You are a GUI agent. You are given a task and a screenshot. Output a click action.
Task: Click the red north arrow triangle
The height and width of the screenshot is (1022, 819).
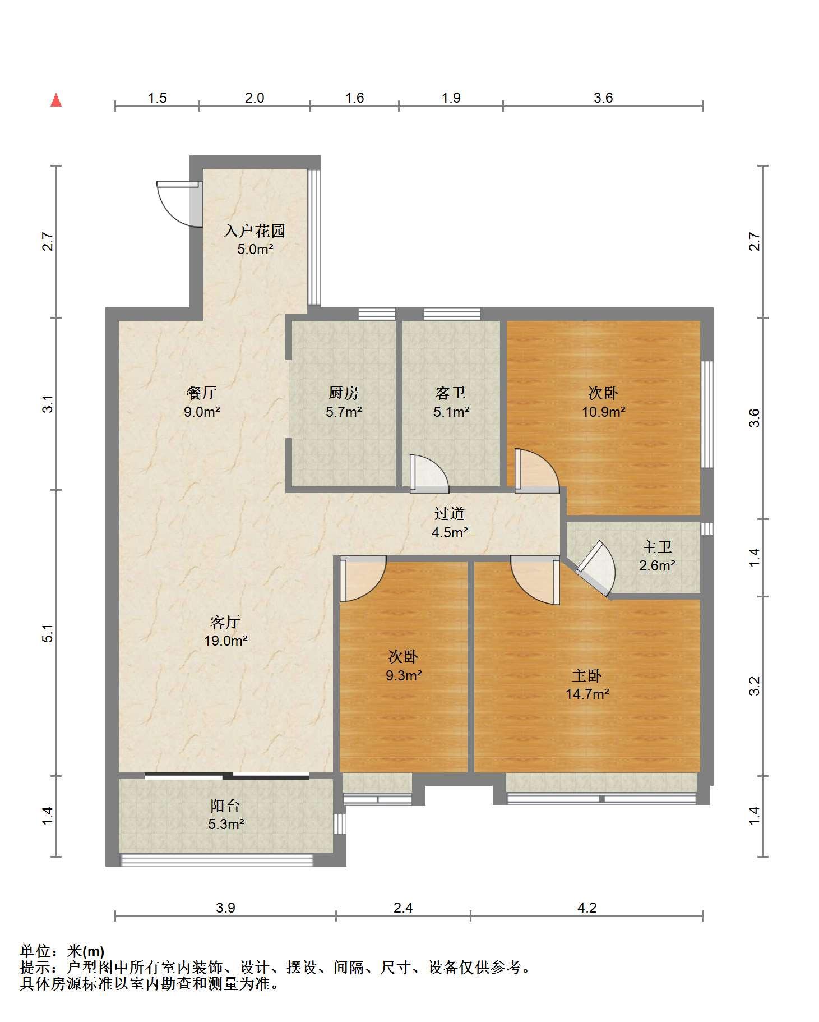(56, 100)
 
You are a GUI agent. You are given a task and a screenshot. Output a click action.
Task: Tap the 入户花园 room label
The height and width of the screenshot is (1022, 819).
(255, 231)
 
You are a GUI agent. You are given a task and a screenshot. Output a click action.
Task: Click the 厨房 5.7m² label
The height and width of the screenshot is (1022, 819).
(344, 402)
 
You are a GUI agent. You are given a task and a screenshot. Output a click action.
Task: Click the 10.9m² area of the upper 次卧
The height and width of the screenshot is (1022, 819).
(604, 412)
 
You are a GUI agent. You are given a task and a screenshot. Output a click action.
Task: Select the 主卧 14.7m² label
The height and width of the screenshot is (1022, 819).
(587, 684)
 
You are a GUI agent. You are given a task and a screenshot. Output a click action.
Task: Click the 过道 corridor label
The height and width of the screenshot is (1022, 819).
(450, 513)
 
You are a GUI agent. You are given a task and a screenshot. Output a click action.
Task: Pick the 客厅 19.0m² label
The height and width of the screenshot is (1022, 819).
(226, 631)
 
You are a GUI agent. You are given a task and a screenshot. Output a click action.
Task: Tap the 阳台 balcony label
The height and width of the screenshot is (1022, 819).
(226, 806)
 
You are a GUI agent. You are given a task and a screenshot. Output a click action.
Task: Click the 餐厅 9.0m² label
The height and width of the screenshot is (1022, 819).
(202, 402)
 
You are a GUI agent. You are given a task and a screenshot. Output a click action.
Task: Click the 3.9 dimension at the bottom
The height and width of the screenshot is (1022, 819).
(225, 907)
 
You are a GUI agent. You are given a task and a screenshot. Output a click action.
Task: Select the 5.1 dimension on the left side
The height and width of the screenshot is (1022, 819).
(49, 633)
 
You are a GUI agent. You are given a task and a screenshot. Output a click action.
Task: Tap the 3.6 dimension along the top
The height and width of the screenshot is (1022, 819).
(603, 98)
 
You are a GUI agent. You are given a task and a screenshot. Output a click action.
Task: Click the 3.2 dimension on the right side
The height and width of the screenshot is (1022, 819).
(755, 686)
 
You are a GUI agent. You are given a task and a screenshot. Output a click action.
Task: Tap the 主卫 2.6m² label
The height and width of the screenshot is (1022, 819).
(657, 556)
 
